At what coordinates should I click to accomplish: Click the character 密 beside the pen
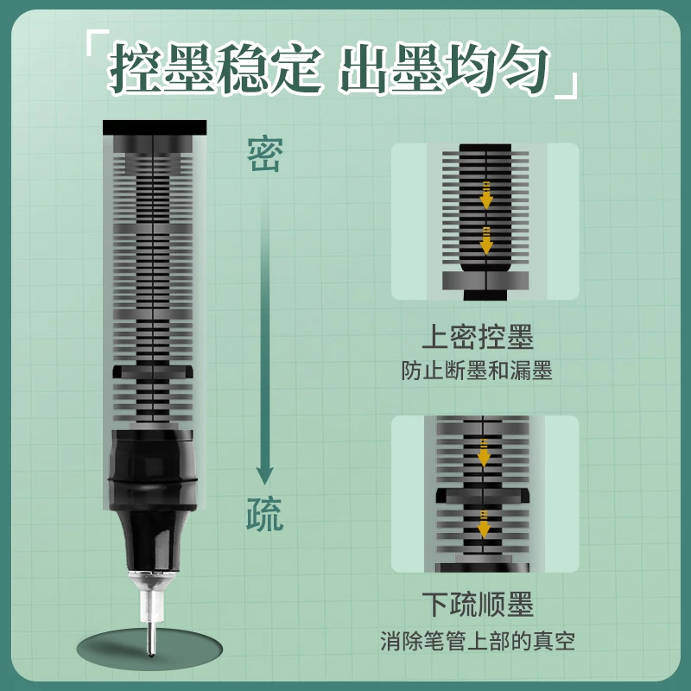(x=264, y=154)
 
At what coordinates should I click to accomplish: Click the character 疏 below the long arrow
(x=264, y=514)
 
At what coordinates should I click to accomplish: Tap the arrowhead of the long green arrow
(x=265, y=475)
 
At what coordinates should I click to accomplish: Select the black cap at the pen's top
(x=155, y=127)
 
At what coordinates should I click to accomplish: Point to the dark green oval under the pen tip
(x=149, y=649)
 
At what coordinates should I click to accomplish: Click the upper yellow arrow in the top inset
(x=486, y=195)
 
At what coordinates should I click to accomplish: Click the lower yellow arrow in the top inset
(x=486, y=241)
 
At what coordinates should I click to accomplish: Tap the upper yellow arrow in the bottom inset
(x=484, y=453)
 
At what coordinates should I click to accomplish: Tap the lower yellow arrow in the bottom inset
(x=484, y=524)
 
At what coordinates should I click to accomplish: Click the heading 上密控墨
(x=478, y=337)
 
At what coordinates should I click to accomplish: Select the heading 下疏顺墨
(x=478, y=604)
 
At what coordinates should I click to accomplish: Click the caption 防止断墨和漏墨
(x=477, y=371)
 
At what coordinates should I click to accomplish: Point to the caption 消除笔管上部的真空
(x=478, y=641)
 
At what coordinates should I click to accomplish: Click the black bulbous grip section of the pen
(x=153, y=470)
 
